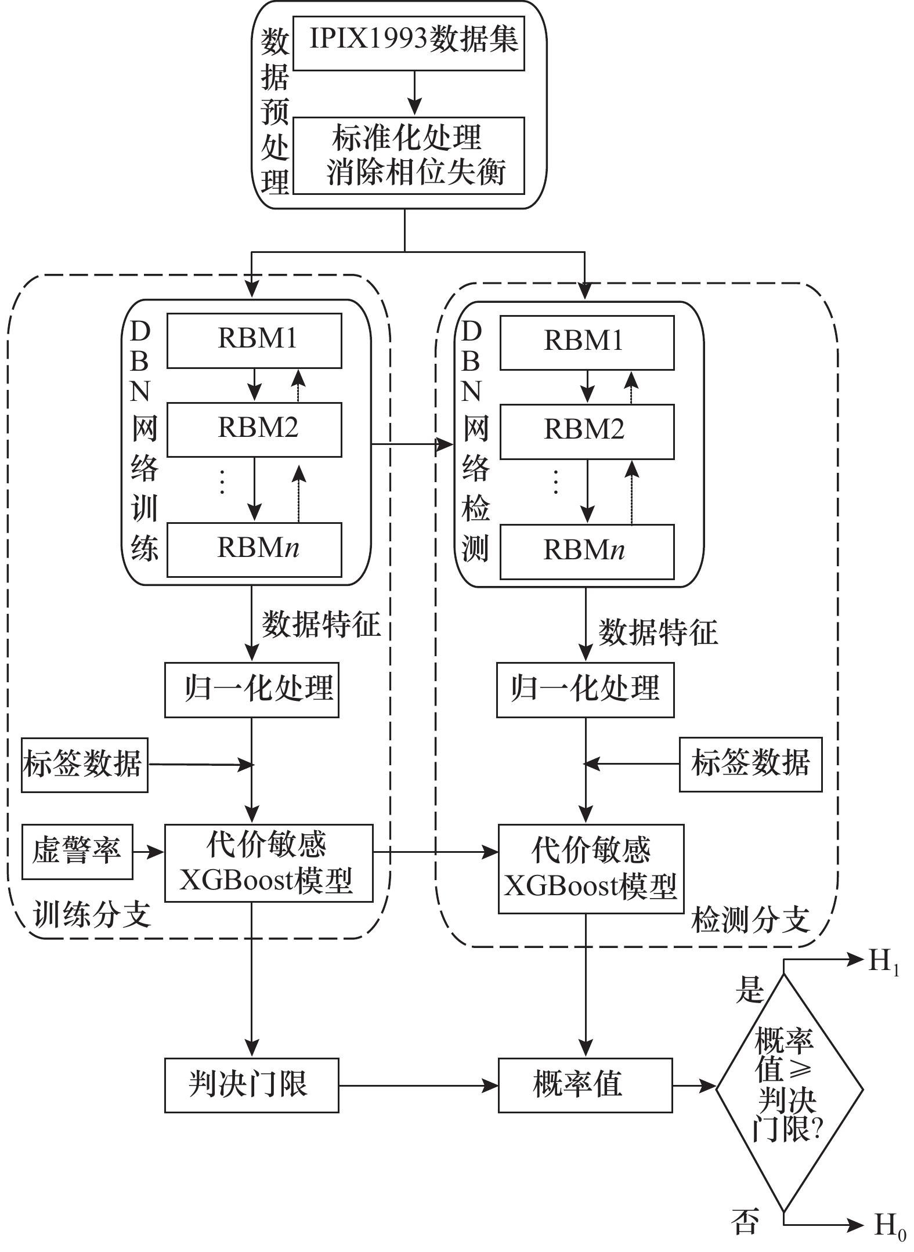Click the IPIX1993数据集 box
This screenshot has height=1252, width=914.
coord(409,43)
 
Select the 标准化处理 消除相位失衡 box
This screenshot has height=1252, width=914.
coord(409,155)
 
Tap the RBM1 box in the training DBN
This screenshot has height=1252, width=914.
coord(254,341)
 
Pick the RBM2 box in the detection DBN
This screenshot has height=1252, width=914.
coord(587,432)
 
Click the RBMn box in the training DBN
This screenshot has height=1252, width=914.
coord(254,549)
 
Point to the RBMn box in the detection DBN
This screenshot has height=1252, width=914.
coord(587,552)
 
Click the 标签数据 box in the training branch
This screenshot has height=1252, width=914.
coord(85,765)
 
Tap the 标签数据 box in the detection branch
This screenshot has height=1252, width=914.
coord(751,764)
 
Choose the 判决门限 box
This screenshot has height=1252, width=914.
coord(251,1085)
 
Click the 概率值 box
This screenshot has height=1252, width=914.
coord(585,1085)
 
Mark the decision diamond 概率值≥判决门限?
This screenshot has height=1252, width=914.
coord(789,1091)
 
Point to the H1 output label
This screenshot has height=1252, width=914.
coord(883,963)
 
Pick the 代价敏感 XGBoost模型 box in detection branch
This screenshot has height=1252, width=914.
coord(591,869)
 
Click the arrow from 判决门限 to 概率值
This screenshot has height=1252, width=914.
coord(418,1085)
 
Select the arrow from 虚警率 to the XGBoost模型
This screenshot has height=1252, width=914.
coord(149,852)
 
